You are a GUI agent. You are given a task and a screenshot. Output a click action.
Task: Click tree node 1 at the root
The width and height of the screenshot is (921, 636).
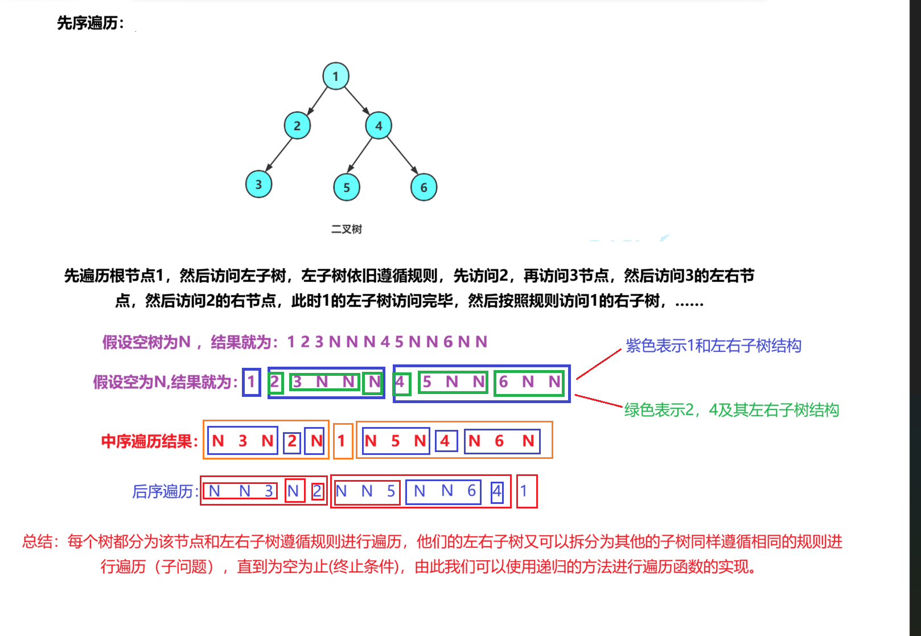coord(336,76)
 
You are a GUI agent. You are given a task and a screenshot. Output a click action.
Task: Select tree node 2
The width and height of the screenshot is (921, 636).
coord(297,126)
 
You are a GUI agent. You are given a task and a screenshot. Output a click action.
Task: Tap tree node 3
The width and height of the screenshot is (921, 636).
coord(259,184)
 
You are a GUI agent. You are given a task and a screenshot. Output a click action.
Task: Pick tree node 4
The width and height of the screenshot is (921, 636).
coord(379,126)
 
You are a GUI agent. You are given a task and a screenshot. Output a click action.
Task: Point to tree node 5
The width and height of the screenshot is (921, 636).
coord(347,187)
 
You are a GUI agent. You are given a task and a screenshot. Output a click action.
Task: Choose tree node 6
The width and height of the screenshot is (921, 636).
coord(424,187)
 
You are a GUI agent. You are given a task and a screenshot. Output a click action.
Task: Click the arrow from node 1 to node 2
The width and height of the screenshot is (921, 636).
coord(318,101)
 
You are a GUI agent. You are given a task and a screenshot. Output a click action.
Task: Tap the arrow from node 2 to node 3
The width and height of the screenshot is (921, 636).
coord(278,154)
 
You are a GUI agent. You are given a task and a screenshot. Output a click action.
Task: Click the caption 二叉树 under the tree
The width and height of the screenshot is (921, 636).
coord(347,229)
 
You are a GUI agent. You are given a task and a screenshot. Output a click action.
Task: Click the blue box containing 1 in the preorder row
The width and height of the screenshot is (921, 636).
coord(251,382)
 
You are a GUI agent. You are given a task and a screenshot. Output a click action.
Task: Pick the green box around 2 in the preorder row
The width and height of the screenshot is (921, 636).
coord(276,382)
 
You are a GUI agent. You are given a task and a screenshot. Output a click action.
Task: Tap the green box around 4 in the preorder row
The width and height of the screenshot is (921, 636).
coord(401,382)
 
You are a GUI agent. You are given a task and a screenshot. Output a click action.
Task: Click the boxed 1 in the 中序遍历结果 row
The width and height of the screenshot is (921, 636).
coord(342,441)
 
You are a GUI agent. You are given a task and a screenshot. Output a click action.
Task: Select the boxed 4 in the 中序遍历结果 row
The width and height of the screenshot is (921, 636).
coord(446,441)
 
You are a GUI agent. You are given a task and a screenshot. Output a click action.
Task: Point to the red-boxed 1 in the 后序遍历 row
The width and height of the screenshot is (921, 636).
coord(526,491)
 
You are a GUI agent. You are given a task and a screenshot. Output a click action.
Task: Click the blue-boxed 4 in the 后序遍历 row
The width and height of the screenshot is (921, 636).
coord(497,491)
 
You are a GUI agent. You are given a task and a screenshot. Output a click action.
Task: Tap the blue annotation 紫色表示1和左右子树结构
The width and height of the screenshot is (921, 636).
coord(713,346)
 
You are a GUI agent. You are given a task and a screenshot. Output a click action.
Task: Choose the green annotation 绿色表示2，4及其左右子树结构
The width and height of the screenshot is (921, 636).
coord(731,410)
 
